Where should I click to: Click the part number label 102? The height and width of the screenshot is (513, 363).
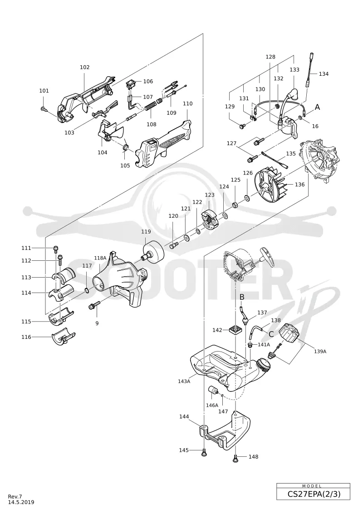point(84,67)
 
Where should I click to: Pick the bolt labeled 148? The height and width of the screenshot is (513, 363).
point(235,457)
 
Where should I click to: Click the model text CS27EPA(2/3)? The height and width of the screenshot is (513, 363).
point(314,493)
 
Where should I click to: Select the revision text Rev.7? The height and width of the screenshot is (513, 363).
point(15,497)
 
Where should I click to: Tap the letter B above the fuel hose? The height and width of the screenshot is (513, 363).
point(242,297)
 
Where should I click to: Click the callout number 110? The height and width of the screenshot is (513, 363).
point(187,103)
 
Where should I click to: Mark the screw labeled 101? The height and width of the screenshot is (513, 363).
point(43,109)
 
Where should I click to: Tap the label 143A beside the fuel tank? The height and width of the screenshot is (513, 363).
point(184,381)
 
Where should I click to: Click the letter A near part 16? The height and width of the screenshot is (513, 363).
point(317,107)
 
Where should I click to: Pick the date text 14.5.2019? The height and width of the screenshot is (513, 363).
point(21,502)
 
